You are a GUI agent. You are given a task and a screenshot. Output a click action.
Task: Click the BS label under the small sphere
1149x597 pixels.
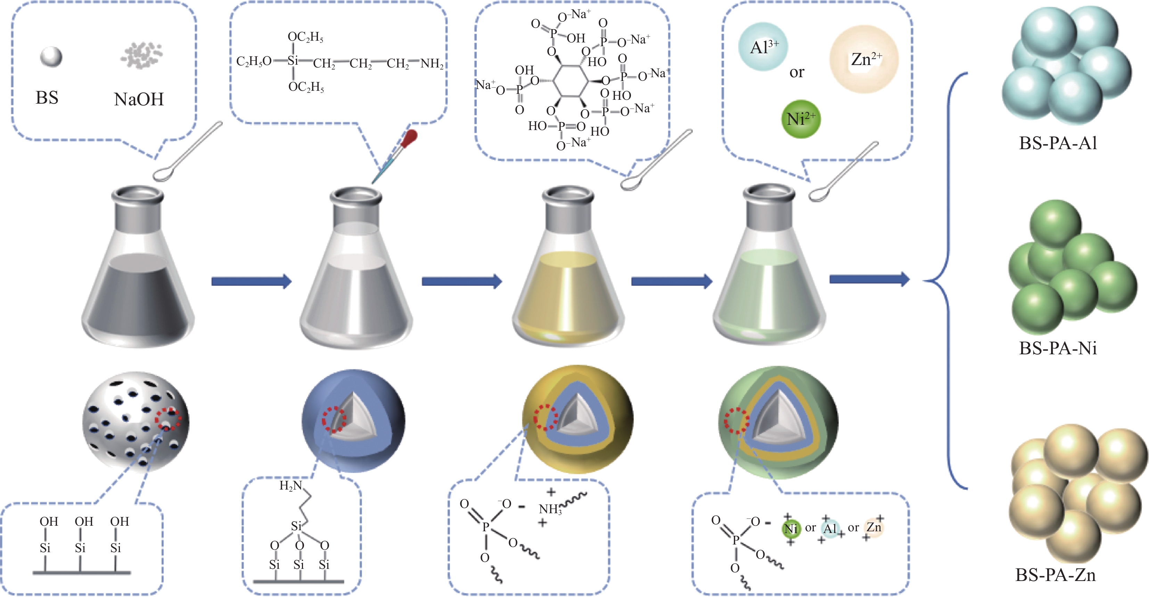[47, 97]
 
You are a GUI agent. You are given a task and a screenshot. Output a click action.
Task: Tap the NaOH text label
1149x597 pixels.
[139, 99]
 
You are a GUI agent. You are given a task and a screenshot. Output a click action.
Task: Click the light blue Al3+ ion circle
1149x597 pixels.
[763, 47]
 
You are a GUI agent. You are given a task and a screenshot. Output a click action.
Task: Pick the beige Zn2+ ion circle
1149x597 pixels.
[864, 59]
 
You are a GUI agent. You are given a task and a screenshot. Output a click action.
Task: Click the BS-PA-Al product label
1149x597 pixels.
[1058, 143]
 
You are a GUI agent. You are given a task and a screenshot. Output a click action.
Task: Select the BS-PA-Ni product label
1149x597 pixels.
[1058, 348]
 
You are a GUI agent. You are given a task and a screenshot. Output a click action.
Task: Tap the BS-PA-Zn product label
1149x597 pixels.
[1055, 575]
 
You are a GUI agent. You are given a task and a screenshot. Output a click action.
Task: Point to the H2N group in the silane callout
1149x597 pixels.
[290, 486]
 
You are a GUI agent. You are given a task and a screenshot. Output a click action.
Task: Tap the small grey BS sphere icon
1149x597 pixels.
[51, 57]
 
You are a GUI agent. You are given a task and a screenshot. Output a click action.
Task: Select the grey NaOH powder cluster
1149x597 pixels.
[141, 55]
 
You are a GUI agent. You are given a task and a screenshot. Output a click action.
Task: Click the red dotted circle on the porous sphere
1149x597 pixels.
[168, 419]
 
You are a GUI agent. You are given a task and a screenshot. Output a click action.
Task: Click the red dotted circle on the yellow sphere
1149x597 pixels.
[545, 417]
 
